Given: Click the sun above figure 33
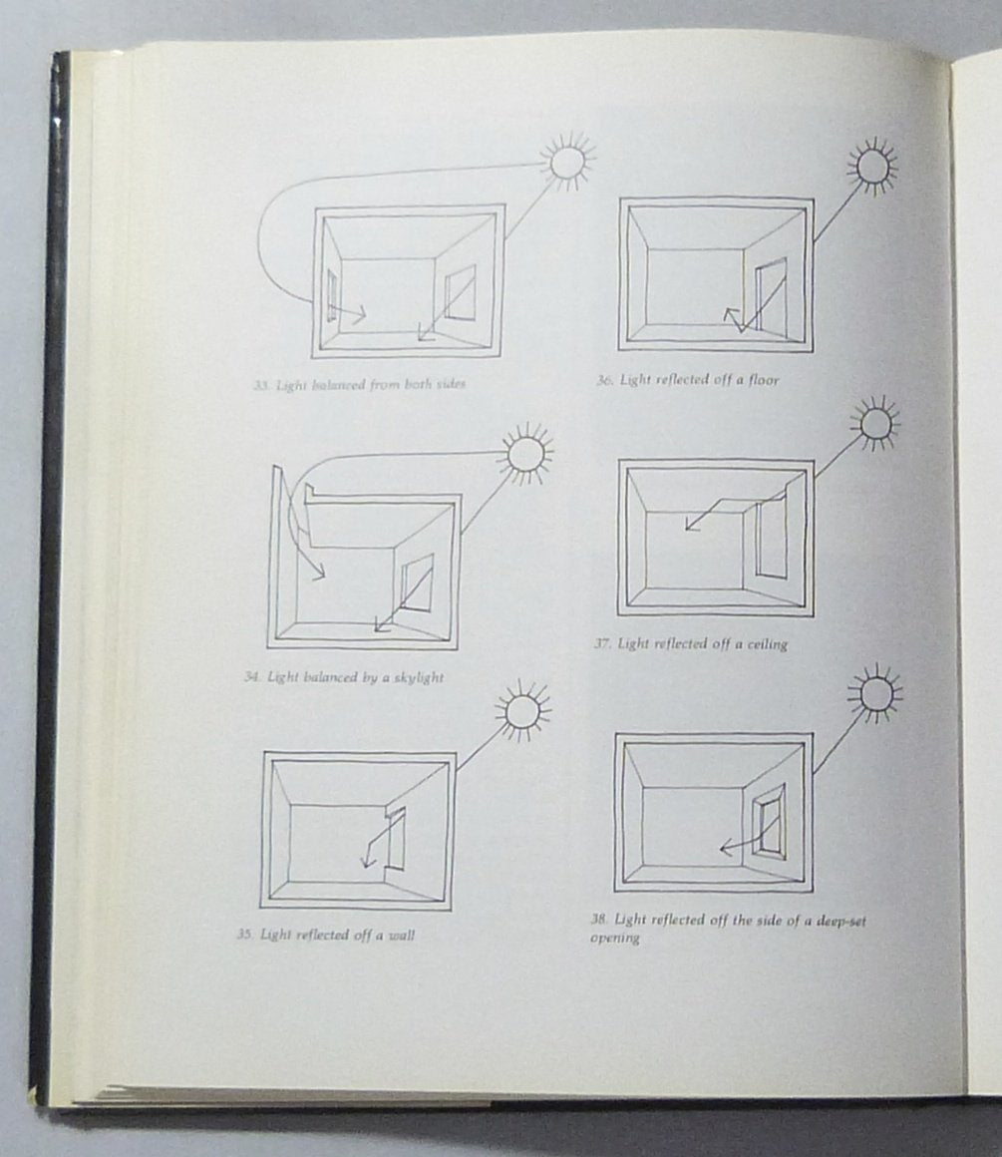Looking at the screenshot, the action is point(566,163).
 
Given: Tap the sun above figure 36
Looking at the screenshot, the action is point(872,166).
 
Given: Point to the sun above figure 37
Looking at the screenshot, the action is point(875,423).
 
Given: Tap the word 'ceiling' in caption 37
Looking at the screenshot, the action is point(767,644).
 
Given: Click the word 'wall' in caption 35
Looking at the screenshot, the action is point(402,935).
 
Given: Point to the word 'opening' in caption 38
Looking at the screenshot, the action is point(614,939).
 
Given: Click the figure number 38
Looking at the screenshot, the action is point(599,920).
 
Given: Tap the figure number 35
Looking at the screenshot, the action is point(245,935).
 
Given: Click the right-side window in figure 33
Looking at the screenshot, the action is point(460,293).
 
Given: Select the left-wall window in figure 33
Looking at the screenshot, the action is point(332,296).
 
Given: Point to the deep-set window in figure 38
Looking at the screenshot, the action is point(770,820).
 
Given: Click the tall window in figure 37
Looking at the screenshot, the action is point(770,538).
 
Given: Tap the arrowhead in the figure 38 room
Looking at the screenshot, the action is point(726,849).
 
